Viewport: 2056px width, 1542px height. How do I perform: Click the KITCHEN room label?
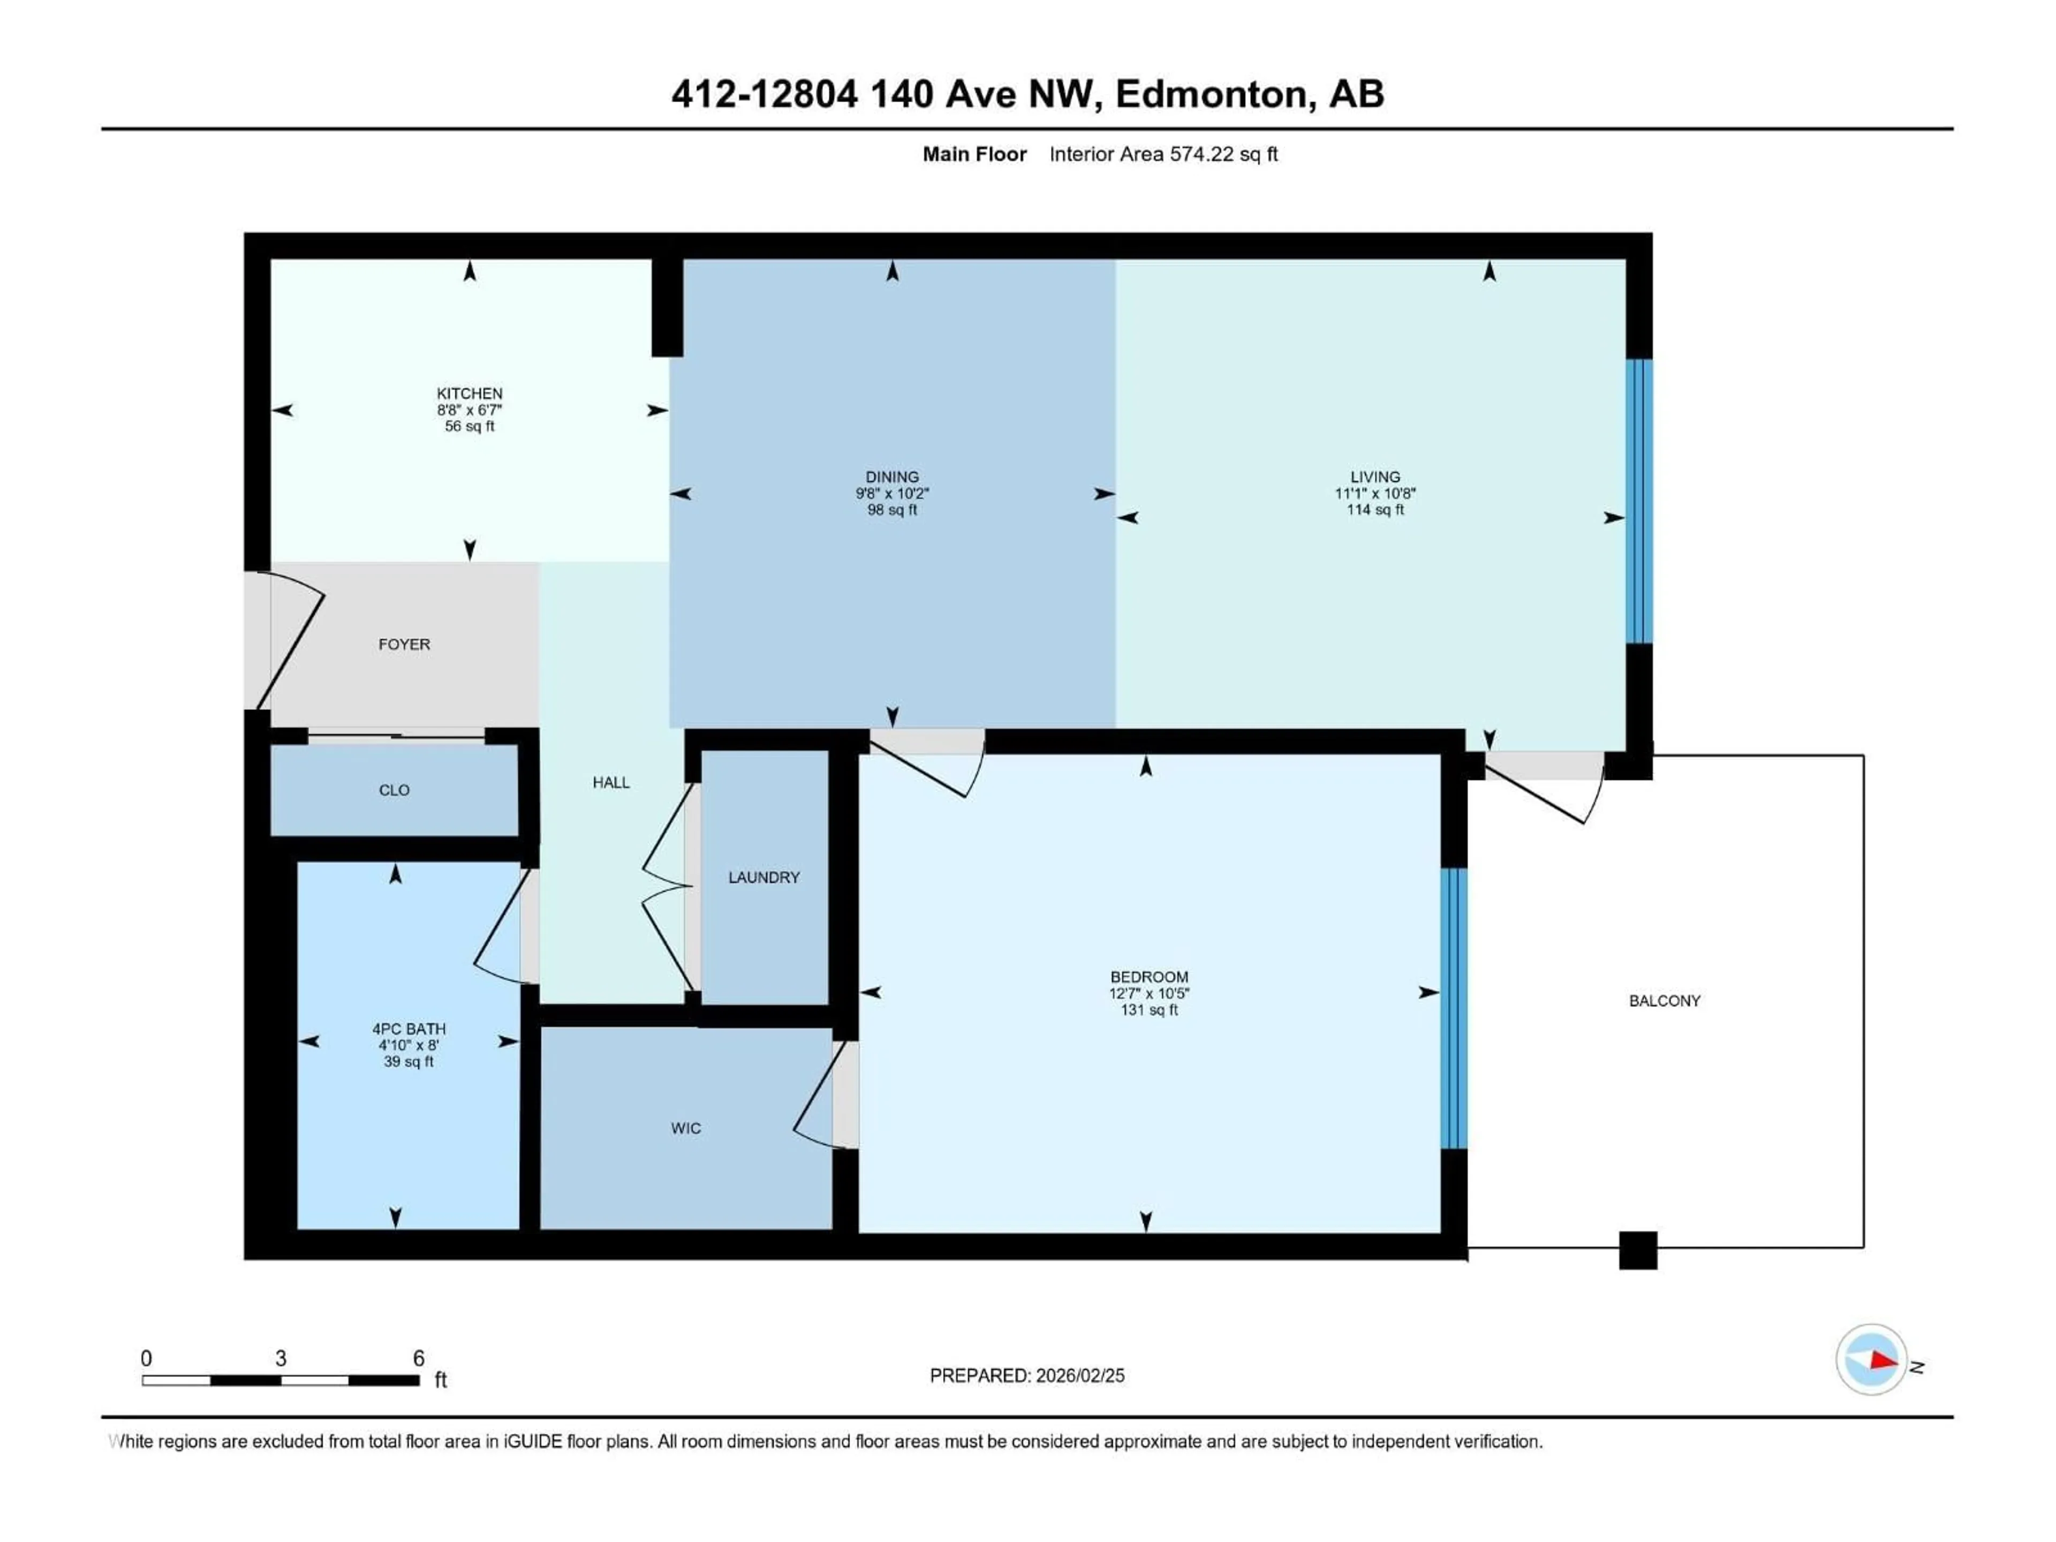[470, 393]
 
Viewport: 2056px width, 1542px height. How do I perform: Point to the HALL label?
[611, 783]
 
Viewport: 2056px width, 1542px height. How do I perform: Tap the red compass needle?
[1883, 1360]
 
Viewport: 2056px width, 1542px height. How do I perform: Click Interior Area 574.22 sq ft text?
[1163, 154]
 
